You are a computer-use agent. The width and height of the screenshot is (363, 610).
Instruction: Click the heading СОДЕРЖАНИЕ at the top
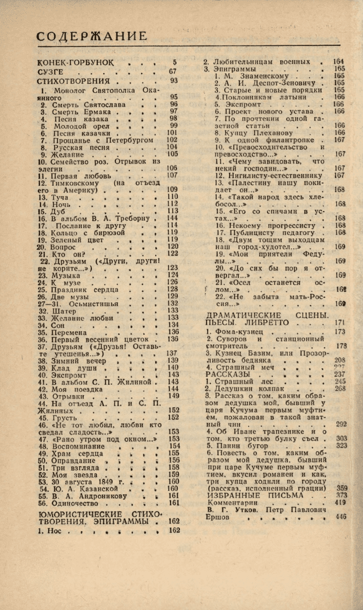click(92, 37)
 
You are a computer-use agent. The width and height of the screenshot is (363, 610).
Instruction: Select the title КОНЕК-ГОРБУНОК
click(77, 63)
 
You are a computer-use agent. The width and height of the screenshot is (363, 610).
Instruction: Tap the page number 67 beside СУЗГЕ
click(173, 72)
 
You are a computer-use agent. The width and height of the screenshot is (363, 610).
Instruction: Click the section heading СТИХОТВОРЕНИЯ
click(74, 81)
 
